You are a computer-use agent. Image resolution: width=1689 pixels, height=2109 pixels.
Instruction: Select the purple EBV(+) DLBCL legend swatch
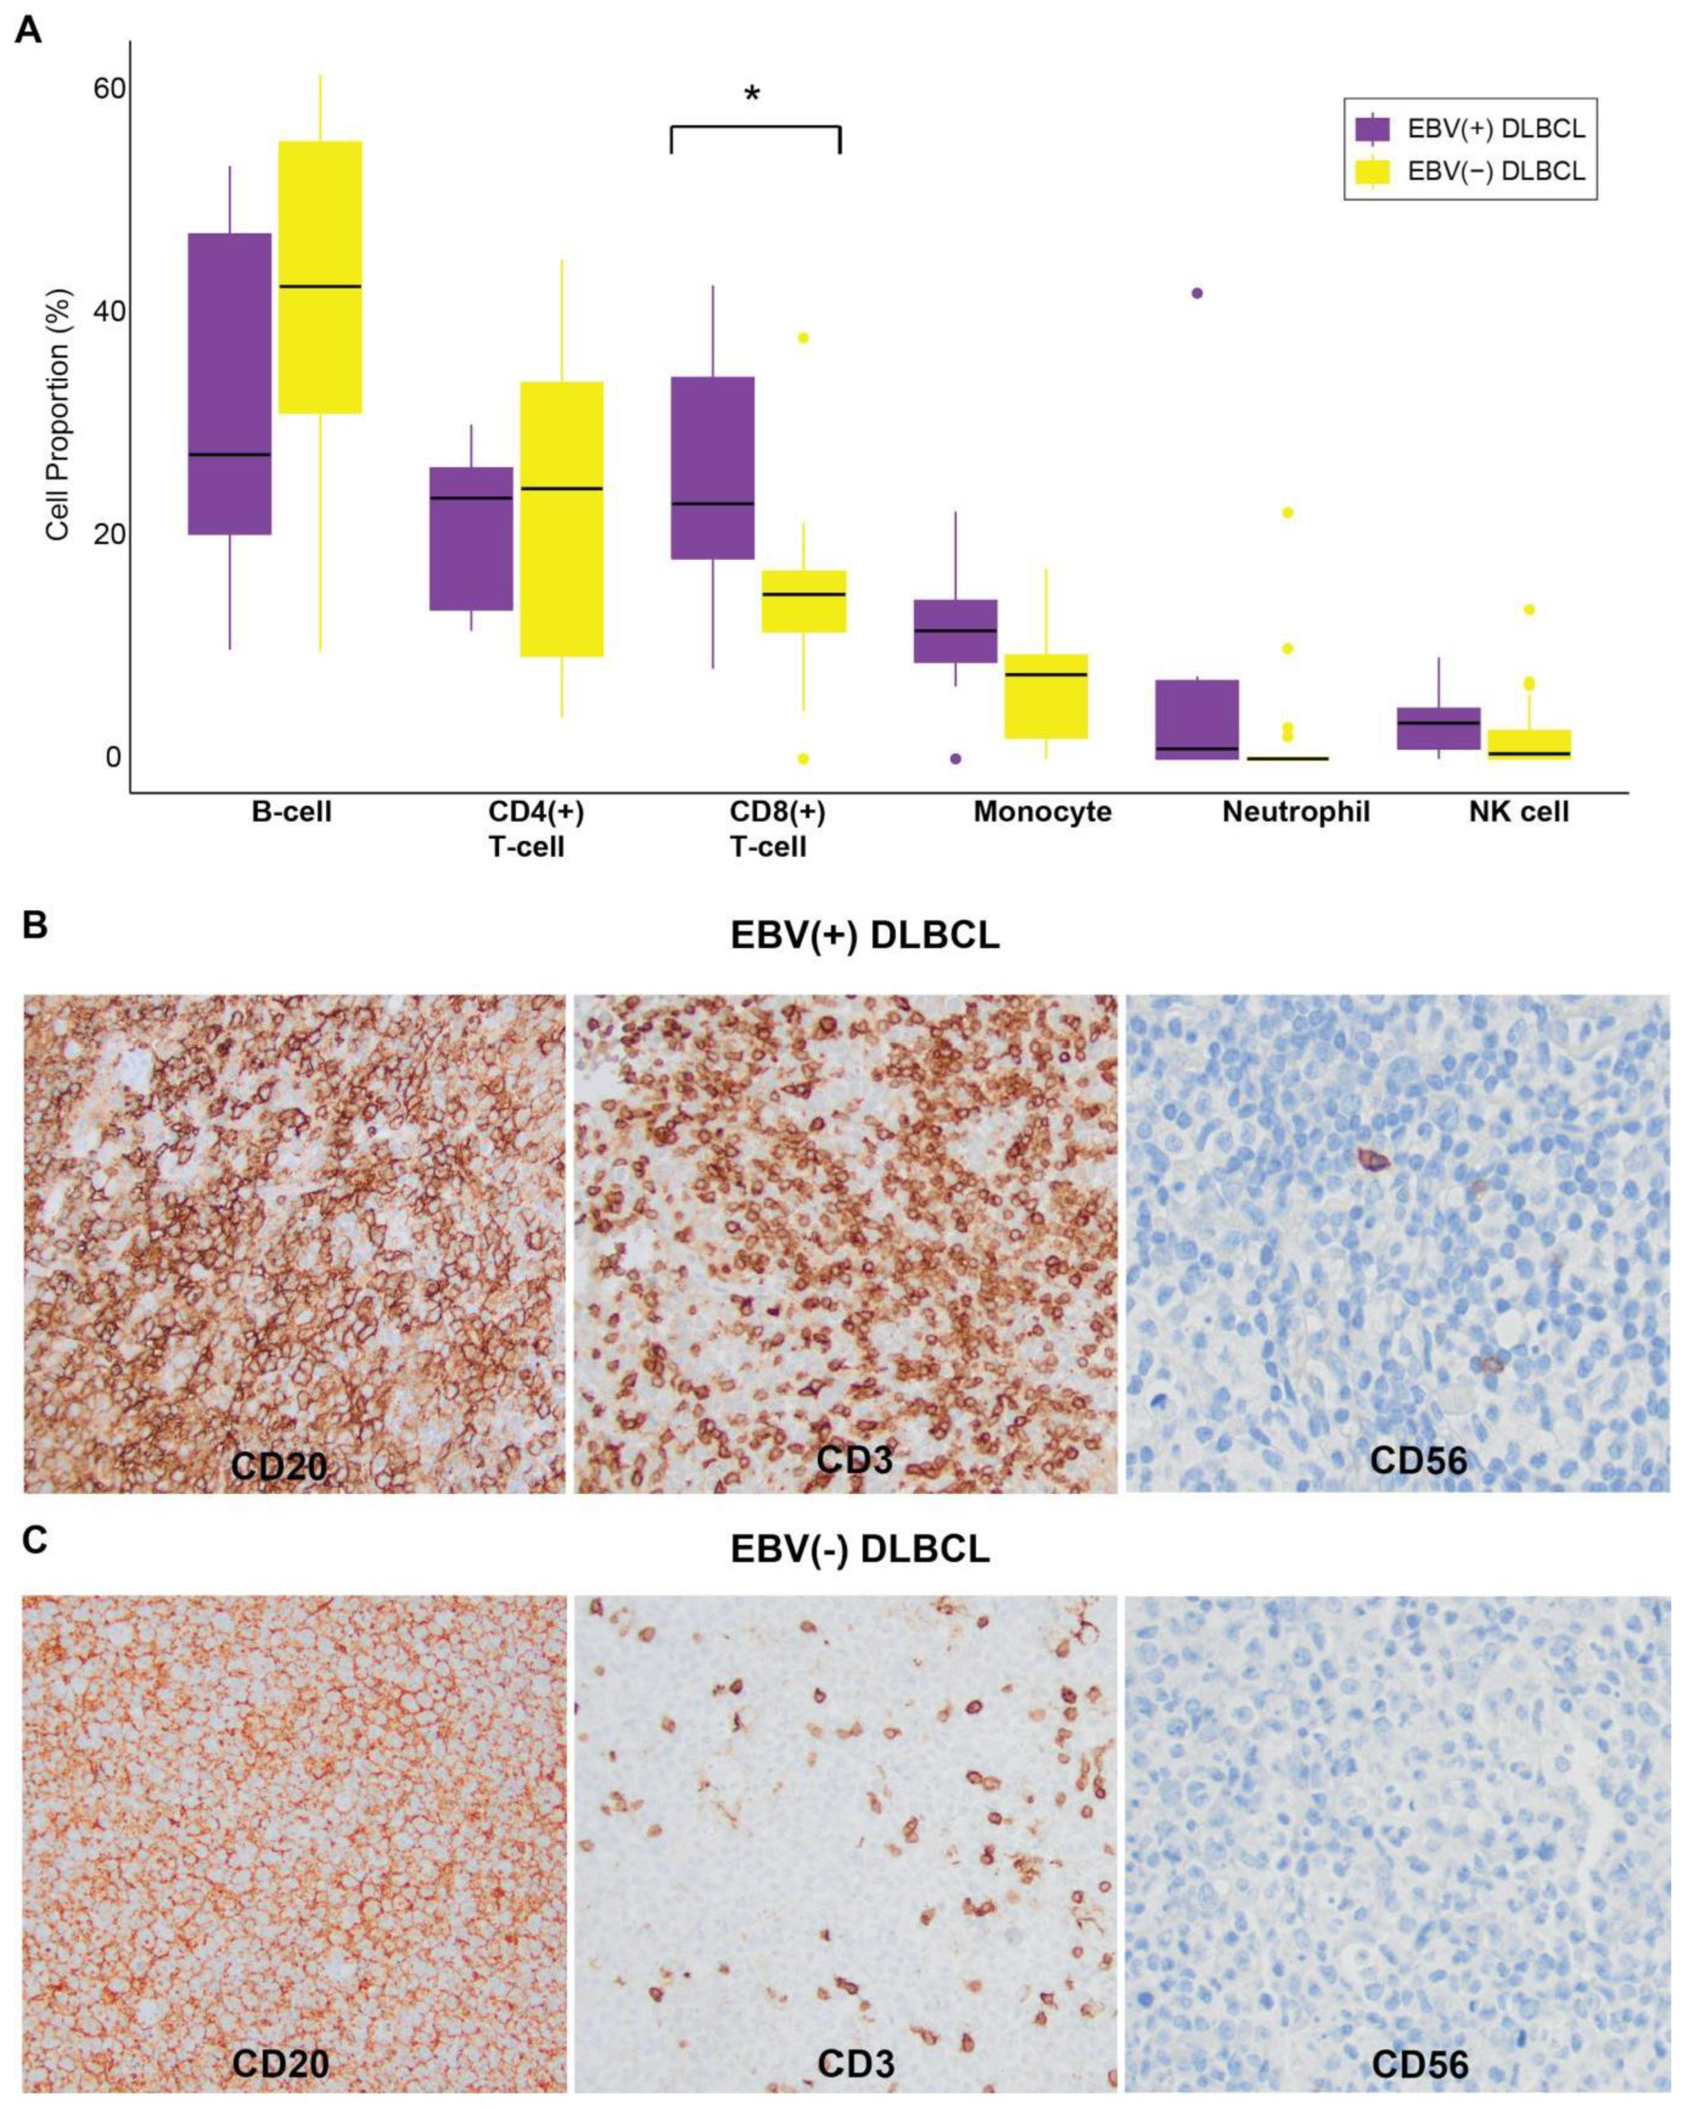click(x=1373, y=129)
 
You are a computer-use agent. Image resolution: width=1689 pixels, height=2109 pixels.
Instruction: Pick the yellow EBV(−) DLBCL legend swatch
click(x=1373, y=172)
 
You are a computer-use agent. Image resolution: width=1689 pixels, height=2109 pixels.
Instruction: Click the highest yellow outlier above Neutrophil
click(x=1288, y=512)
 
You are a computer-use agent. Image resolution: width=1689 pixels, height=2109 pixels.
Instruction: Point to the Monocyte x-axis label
click(x=1042, y=812)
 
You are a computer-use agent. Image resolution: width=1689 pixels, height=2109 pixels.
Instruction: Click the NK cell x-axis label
click(x=1519, y=812)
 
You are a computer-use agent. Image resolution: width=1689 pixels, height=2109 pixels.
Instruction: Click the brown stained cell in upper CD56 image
click(x=1373, y=1160)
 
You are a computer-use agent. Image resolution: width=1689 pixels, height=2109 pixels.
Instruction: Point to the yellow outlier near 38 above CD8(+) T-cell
click(x=803, y=338)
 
